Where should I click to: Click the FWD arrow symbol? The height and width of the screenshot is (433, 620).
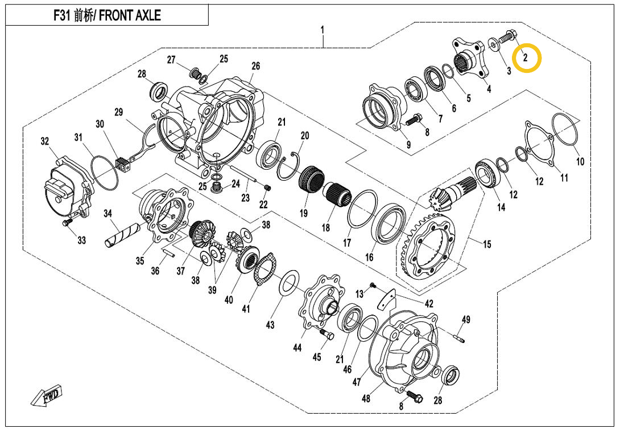[47, 395]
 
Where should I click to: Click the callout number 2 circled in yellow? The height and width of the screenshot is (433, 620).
[526, 58]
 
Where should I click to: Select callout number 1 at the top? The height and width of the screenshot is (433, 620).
[323, 28]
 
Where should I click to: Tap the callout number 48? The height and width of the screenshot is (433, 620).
[366, 398]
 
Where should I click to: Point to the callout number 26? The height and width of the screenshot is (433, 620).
[255, 67]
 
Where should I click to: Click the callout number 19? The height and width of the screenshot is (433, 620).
[304, 213]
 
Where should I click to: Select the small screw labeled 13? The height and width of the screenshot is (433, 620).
[373, 284]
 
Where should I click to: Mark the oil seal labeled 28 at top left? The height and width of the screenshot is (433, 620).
[160, 91]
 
